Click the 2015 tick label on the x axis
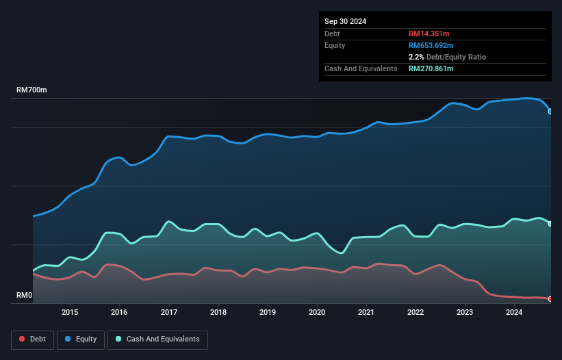pyautogui.click(x=70, y=313)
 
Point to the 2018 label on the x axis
pyautogui.click(x=218, y=313)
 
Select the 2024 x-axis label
pyautogui.click(x=514, y=313)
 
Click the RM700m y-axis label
pyautogui.click(x=31, y=90)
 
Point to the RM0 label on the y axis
pyautogui.click(x=25, y=296)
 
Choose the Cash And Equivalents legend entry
pyautogui.click(x=157, y=339)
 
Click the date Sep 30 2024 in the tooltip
pyautogui.click(x=346, y=21)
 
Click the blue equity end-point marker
pyautogui.click(x=550, y=111)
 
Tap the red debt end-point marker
pyautogui.click(x=550, y=298)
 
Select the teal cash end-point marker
pyautogui.click(x=550, y=224)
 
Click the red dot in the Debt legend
pyautogui.click(x=23, y=339)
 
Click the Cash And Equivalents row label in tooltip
pyautogui.click(x=361, y=68)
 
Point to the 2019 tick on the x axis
pyautogui.click(x=268, y=313)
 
